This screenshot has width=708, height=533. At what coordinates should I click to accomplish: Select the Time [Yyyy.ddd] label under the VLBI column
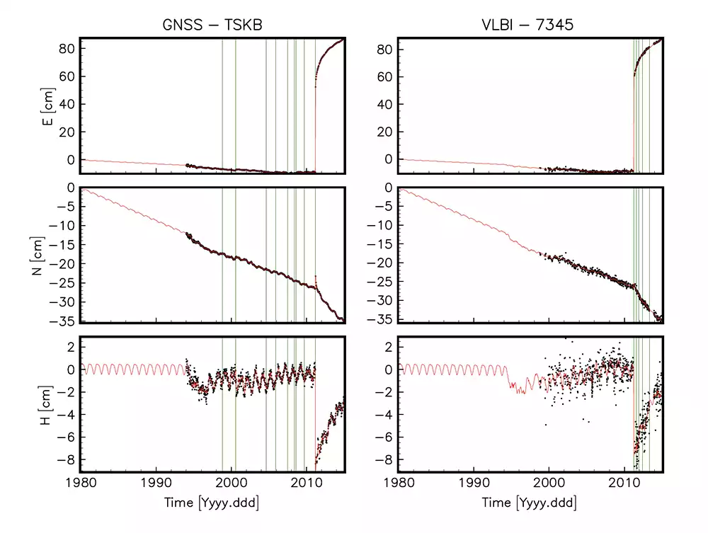[x=530, y=504]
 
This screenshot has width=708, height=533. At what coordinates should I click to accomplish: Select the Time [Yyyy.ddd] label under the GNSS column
[x=212, y=504]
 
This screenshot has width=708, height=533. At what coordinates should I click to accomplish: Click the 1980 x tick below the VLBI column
[x=399, y=485]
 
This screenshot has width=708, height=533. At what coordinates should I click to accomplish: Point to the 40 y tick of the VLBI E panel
[x=387, y=104]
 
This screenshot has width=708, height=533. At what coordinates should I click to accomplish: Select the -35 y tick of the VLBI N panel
[x=382, y=319]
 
